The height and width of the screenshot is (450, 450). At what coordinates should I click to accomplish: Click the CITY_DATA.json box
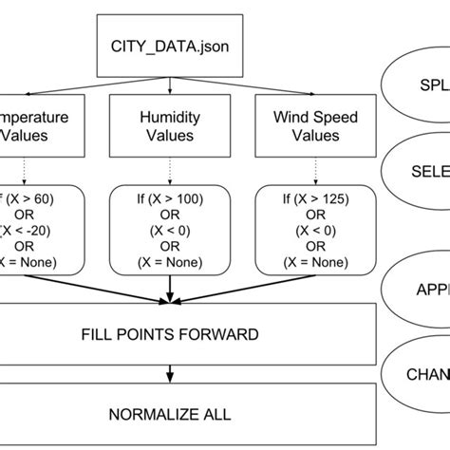pos(170,45)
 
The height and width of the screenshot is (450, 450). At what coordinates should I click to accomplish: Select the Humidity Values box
pos(170,127)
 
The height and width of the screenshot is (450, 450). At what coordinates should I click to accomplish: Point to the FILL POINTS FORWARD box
pos(169,335)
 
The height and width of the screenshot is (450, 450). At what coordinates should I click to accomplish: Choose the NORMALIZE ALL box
pos(169,414)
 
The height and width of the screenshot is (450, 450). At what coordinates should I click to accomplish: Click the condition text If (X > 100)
pos(170,201)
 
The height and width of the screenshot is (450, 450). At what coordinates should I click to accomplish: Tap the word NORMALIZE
pos(152,414)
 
